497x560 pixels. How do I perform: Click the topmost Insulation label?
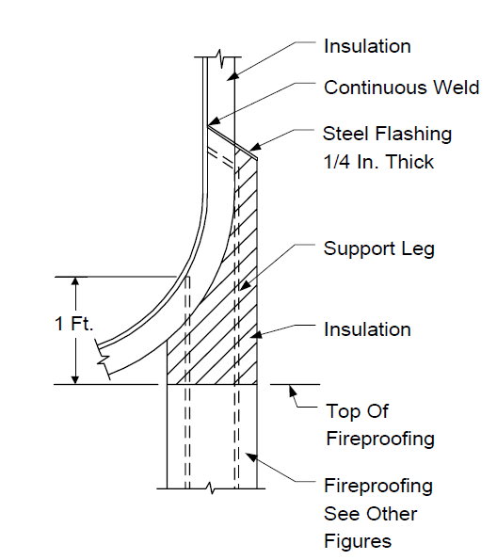pos(367,46)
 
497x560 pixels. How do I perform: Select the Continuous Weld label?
pos(401,88)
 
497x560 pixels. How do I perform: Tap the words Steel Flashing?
pos(387,135)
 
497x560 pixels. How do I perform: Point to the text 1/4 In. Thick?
pos(378,162)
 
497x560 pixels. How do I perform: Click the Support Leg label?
pos(379,248)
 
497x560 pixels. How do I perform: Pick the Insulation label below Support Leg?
pos(367,329)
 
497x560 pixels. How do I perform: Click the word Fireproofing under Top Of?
pos(380,439)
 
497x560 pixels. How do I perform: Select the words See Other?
pos(371,514)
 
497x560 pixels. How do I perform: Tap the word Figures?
pos(358,541)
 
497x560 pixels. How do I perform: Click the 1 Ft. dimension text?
pos(73,324)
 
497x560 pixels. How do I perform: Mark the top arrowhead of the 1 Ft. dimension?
pos(75,281)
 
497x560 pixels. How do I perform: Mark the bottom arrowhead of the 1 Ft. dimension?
pos(75,379)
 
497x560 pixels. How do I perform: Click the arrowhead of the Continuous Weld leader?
pos(212,121)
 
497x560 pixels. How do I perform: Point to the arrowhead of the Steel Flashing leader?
pos(254,147)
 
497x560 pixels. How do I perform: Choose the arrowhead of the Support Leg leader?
pos(244,286)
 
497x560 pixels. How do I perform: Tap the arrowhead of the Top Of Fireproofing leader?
pos(292,390)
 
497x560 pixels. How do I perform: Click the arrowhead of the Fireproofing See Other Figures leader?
pos(250,456)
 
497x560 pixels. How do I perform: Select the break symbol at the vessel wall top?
pos(219,58)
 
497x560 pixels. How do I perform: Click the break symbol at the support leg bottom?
pos(211,488)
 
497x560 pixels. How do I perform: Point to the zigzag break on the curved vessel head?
pos(103,359)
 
